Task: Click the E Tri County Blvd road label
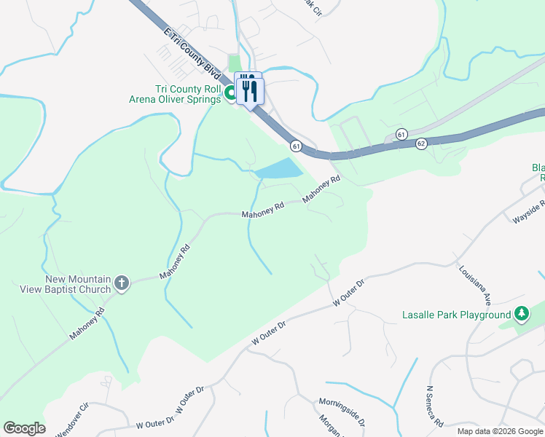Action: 192,55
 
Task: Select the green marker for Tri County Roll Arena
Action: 230,92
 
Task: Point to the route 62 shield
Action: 421,144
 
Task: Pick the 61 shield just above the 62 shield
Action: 401,134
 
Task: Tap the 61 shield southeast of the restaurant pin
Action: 296,146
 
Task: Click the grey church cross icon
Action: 122,284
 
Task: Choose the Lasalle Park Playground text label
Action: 457,315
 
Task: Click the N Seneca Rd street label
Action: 435,406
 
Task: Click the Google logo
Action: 24,428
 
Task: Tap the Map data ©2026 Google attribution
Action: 499,431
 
